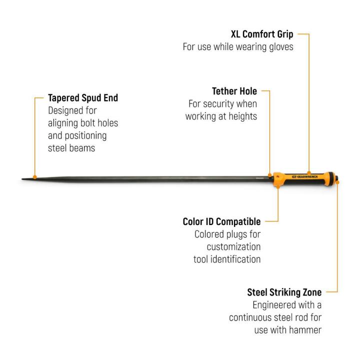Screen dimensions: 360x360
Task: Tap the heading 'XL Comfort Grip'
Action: [x=262, y=34]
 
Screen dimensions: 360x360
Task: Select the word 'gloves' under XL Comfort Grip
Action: [x=281, y=47]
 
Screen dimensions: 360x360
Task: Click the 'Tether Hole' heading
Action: [x=234, y=91]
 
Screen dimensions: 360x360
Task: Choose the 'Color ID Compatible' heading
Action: [x=222, y=221]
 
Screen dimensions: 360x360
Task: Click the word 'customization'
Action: [x=233, y=247]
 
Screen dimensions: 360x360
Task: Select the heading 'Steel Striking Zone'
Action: [x=284, y=292]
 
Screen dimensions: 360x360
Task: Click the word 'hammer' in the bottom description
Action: [x=305, y=330]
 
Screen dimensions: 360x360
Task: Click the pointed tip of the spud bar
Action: [x=22, y=179]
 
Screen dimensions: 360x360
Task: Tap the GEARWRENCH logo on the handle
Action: [x=305, y=177]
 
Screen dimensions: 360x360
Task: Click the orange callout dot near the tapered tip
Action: [x=35, y=177]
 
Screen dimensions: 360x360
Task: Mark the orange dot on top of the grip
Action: [x=309, y=173]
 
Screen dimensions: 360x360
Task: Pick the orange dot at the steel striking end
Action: [x=337, y=182]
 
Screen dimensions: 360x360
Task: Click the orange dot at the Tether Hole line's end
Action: [x=270, y=175]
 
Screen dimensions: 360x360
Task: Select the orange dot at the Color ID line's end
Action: [x=278, y=186]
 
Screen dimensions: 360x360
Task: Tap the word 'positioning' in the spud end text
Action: [x=86, y=135]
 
